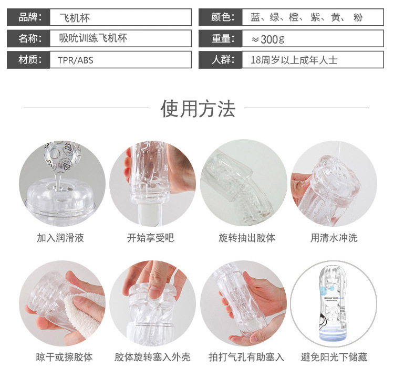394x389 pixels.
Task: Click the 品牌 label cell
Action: click(x=29, y=17)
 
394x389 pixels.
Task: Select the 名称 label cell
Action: click(x=29, y=38)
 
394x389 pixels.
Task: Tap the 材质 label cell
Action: click(x=29, y=60)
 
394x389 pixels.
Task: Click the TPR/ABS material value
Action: click(x=76, y=60)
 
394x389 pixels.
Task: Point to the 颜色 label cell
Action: click(x=221, y=17)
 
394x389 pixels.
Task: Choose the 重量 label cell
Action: click(x=221, y=38)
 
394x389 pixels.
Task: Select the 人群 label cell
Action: click(x=221, y=60)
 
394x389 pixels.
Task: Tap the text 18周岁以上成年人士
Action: click(x=294, y=60)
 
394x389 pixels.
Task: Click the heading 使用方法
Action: click(x=198, y=109)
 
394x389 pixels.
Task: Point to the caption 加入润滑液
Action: click(x=60, y=238)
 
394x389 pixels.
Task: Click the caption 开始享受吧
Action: click(x=151, y=238)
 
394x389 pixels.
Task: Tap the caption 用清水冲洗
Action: click(x=334, y=238)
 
